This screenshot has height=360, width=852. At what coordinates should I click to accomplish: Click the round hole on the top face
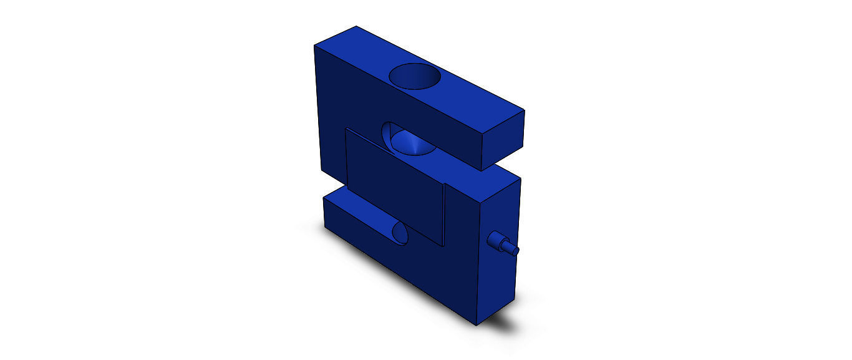pos(415,77)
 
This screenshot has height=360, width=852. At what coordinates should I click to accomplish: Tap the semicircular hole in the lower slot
pos(399,233)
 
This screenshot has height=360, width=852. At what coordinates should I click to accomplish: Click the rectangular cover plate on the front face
pos(394,187)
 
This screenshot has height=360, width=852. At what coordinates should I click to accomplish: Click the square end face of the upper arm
pos(504,141)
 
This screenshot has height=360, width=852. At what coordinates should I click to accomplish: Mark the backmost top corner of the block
pos(356,26)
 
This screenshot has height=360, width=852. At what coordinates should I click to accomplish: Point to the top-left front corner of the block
pos(314,46)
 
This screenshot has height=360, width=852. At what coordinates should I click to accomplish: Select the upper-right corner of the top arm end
pos(524,111)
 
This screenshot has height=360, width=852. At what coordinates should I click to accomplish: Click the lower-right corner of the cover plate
pos(443,246)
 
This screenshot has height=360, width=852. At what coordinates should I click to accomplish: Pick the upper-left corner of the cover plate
pos(346,129)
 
